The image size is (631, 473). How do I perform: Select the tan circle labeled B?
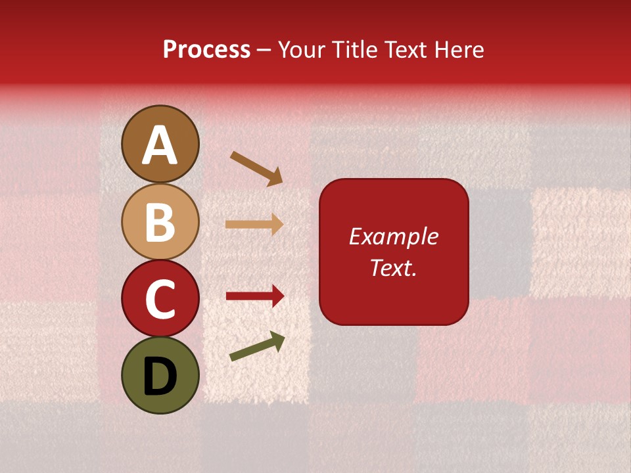[160, 221]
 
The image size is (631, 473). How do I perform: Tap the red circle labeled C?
[160, 299]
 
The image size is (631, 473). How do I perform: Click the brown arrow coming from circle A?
[256, 168]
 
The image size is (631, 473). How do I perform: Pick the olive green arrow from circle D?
[256, 346]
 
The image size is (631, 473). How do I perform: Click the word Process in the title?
[206, 50]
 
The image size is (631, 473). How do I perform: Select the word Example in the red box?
[393, 236]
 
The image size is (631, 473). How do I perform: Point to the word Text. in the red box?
[393, 267]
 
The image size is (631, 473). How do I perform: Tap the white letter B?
[160, 223]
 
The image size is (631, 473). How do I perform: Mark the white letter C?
[160, 300]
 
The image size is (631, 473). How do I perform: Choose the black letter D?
[160, 376]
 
